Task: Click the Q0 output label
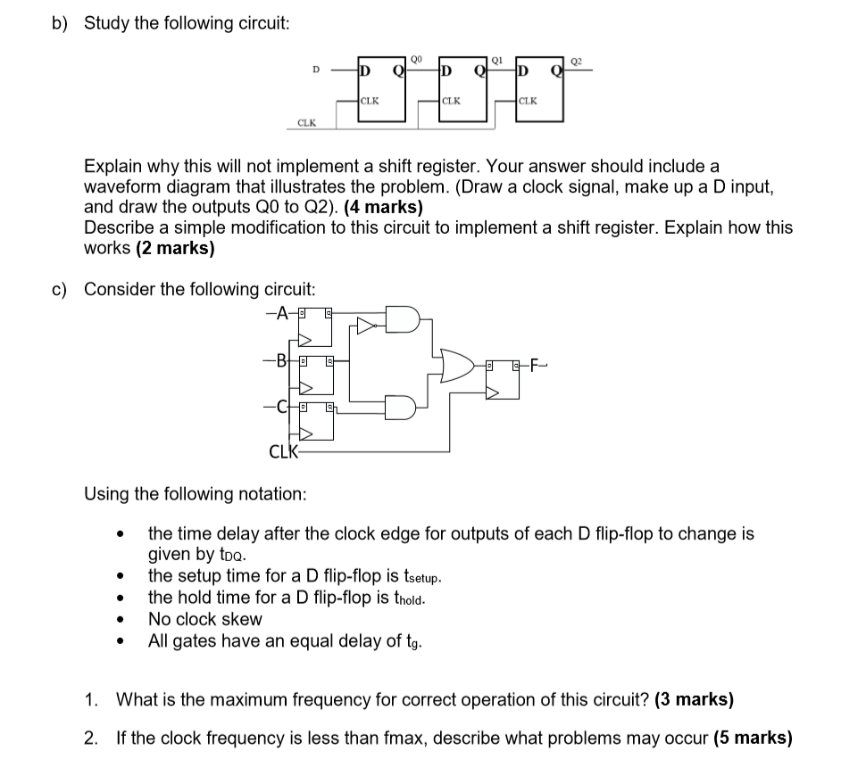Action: click(416, 60)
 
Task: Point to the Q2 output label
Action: click(576, 60)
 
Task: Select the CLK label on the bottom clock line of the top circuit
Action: click(306, 123)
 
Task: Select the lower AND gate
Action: click(401, 407)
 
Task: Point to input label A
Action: click(283, 313)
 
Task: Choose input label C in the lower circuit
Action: click(282, 409)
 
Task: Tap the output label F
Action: click(535, 366)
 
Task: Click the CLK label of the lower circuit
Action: click(283, 450)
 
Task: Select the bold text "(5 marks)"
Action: click(754, 739)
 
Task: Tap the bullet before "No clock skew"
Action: click(117, 620)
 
